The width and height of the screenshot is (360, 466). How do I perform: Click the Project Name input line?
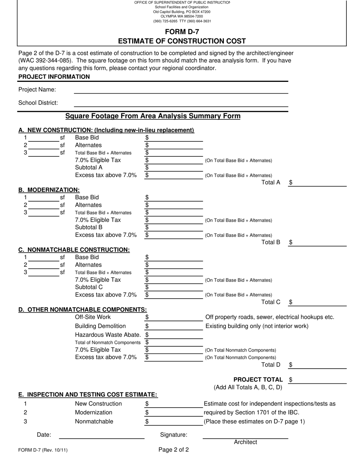tap(181, 90)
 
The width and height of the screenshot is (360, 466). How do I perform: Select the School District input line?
tap(181, 103)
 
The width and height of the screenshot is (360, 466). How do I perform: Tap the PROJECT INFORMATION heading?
tap(54, 77)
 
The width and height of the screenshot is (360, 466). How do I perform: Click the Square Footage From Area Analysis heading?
tap(153, 116)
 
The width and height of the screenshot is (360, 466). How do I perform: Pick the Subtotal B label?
tap(89, 227)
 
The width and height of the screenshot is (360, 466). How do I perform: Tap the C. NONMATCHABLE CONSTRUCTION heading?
tap(74, 250)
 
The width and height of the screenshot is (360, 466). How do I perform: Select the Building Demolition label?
tap(100, 326)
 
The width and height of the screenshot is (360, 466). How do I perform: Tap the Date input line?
tap(102, 435)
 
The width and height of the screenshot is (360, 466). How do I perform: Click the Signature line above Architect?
tap(245, 435)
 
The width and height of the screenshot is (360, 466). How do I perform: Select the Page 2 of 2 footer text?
tap(174, 450)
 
